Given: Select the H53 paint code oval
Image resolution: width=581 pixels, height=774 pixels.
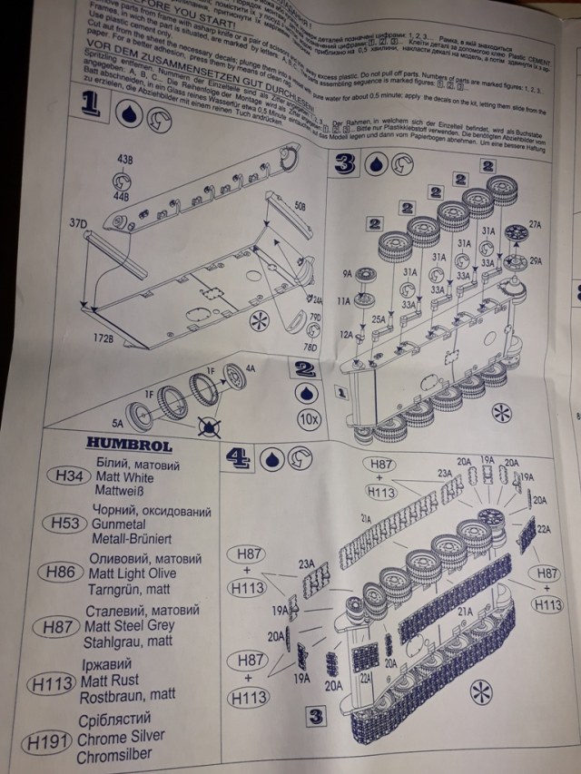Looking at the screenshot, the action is click(x=65, y=524).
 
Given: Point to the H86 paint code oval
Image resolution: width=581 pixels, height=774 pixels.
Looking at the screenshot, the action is click(x=63, y=573).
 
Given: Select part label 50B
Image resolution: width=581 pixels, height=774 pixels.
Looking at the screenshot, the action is click(x=300, y=206).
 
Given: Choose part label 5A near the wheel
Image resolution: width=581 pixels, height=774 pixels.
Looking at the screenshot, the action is click(x=118, y=422).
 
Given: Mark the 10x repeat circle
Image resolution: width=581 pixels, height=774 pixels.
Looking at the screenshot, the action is click(x=309, y=419).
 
